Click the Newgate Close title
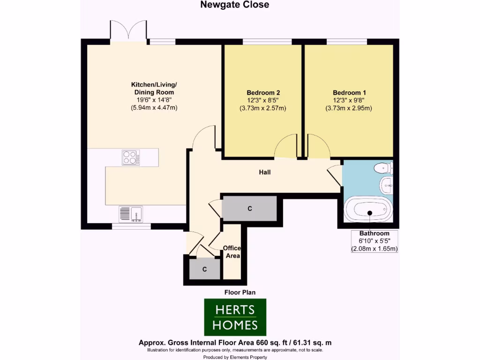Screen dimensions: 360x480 pyautogui.click(x=235, y=5)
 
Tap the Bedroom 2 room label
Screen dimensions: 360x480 pyautogui.click(x=263, y=92)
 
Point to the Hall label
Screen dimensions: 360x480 pyautogui.click(x=265, y=172)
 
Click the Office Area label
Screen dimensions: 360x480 pyautogui.click(x=232, y=252)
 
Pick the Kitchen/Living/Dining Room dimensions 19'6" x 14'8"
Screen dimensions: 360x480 pyautogui.click(x=154, y=100)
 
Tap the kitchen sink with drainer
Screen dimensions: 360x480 pyautogui.click(x=131, y=214)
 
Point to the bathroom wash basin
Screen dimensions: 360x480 pyautogui.click(x=387, y=186)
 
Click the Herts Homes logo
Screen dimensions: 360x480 pyautogui.click(x=235, y=317)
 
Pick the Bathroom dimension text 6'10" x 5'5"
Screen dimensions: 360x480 pyautogui.click(x=374, y=241)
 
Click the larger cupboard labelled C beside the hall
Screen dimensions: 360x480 pyautogui.click(x=250, y=208)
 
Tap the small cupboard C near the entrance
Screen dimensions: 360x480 pyautogui.click(x=204, y=269)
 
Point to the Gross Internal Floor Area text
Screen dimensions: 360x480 pyautogui.click(x=235, y=343)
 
